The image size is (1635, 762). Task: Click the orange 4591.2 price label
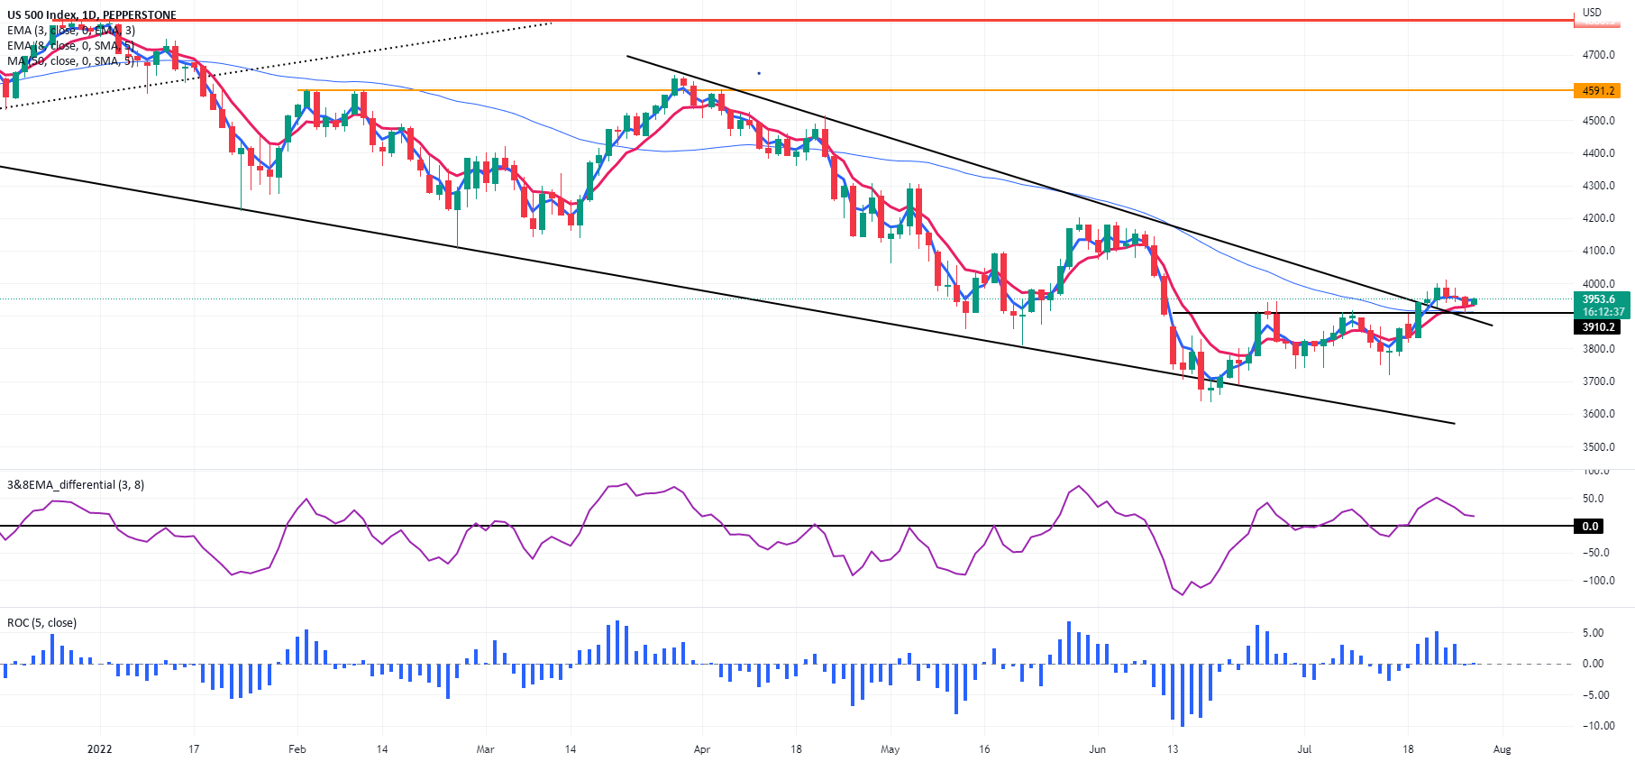(x=1597, y=91)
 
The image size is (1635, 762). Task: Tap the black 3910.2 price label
(x=1597, y=327)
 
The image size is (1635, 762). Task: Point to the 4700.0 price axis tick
(x=1598, y=55)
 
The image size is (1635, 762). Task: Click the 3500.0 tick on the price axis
(x=1598, y=447)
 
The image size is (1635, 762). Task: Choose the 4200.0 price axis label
(x=1598, y=218)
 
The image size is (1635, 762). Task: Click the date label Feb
(x=297, y=749)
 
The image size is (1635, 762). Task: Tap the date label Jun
(x=1097, y=749)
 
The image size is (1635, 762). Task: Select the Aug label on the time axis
(x=1502, y=749)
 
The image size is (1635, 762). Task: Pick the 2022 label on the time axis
(x=99, y=749)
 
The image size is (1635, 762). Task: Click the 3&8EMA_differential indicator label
(x=76, y=485)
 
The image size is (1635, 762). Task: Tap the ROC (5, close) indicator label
(x=41, y=623)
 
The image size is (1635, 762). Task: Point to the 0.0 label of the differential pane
(x=1590, y=527)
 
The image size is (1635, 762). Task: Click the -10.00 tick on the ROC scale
(x=1598, y=726)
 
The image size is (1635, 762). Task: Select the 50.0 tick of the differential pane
(x=1593, y=499)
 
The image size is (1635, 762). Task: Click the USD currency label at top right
(x=1592, y=13)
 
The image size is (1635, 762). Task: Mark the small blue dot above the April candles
(x=759, y=73)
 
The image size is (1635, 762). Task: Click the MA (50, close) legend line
(x=70, y=61)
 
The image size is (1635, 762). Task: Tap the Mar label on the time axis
(x=485, y=749)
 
